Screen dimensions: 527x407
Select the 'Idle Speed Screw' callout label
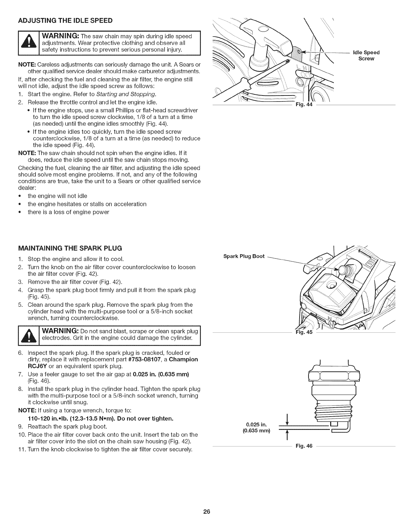tap(366, 56)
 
